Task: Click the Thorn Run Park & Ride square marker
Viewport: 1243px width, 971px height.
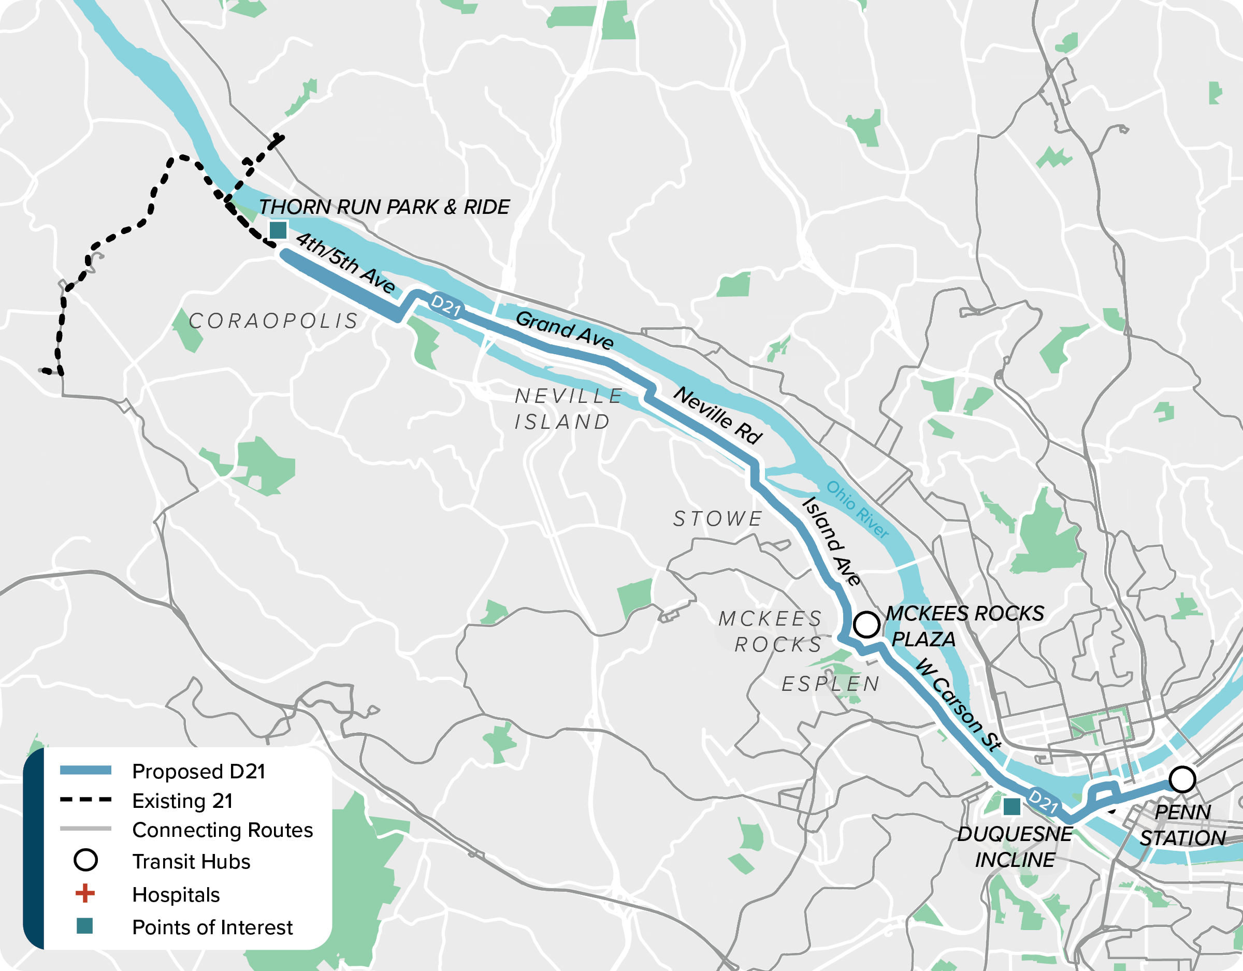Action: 278,230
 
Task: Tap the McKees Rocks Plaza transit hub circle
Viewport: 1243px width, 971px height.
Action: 866,625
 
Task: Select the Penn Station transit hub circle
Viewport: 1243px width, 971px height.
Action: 1182,780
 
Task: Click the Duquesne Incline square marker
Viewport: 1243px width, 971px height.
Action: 1011,806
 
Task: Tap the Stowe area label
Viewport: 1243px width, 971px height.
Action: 718,519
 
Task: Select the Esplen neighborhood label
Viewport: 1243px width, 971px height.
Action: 830,684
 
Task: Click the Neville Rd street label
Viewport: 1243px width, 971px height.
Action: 717,415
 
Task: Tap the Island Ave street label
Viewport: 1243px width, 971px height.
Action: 831,541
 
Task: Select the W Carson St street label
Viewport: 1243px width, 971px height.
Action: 959,705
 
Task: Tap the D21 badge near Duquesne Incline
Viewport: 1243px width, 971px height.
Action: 1043,801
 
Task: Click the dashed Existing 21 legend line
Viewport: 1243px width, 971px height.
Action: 85,800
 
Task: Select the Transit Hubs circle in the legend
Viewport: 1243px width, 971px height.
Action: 85,860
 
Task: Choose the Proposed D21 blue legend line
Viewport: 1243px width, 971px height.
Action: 85,771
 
